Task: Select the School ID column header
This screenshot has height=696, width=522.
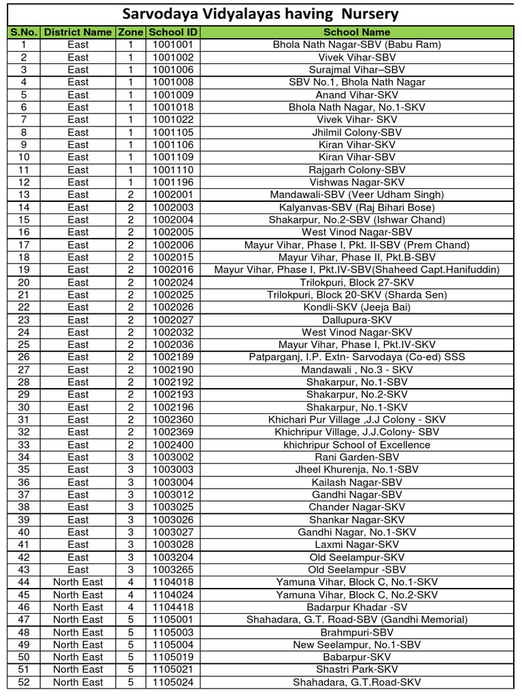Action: click(x=173, y=32)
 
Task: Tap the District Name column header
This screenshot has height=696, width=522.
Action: click(x=78, y=32)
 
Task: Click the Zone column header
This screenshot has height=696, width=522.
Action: click(x=130, y=32)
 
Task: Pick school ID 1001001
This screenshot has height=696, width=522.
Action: click(x=173, y=44)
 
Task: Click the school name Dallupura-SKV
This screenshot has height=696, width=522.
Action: click(x=357, y=319)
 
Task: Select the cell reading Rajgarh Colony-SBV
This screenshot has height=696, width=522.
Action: click(x=357, y=169)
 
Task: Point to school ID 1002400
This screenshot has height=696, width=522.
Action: click(x=173, y=445)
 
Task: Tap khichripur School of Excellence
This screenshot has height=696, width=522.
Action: click(x=357, y=445)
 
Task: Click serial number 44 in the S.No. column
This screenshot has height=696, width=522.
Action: click(x=24, y=582)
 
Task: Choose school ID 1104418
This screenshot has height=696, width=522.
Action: click(x=173, y=607)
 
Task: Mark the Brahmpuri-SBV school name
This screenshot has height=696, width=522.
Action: click(x=357, y=632)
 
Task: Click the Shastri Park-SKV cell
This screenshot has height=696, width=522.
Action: click(x=357, y=669)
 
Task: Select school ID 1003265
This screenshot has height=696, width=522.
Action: click(x=173, y=570)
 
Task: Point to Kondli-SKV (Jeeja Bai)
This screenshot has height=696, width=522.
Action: click(x=357, y=307)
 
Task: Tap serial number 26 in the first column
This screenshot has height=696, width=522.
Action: click(x=24, y=357)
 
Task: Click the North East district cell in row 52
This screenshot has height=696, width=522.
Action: click(x=78, y=682)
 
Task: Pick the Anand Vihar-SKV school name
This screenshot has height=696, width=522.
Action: click(x=357, y=94)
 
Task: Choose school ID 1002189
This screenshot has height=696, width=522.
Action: click(x=173, y=357)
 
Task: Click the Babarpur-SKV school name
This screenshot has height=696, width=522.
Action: click(x=357, y=657)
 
